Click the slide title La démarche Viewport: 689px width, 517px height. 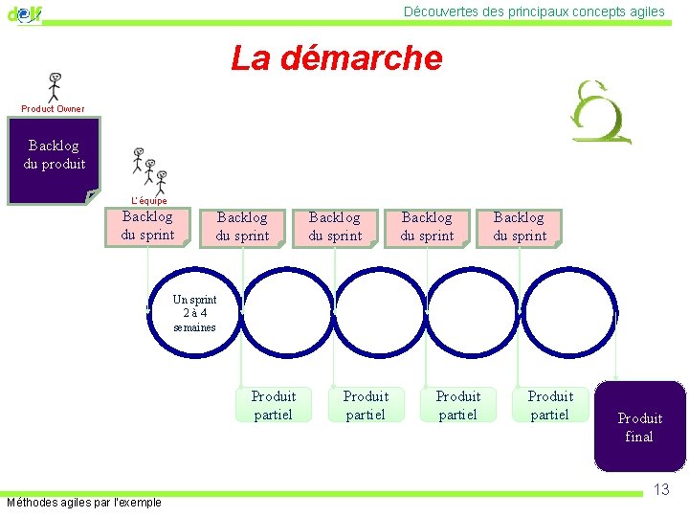(337, 58)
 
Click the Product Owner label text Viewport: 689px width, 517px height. (53, 109)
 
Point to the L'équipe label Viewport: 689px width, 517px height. (148, 201)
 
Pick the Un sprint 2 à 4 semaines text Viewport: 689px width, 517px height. (194, 313)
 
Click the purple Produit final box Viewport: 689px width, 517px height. (639, 427)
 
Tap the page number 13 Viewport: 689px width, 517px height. (661, 490)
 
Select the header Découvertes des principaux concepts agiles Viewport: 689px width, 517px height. (534, 11)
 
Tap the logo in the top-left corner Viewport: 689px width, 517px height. (24, 13)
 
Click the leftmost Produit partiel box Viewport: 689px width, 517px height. (273, 405)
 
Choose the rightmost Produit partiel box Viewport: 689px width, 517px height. (549, 405)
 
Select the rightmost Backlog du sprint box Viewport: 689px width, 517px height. (520, 227)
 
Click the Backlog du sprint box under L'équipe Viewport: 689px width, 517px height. (147, 226)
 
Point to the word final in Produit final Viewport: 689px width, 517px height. (639, 437)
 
